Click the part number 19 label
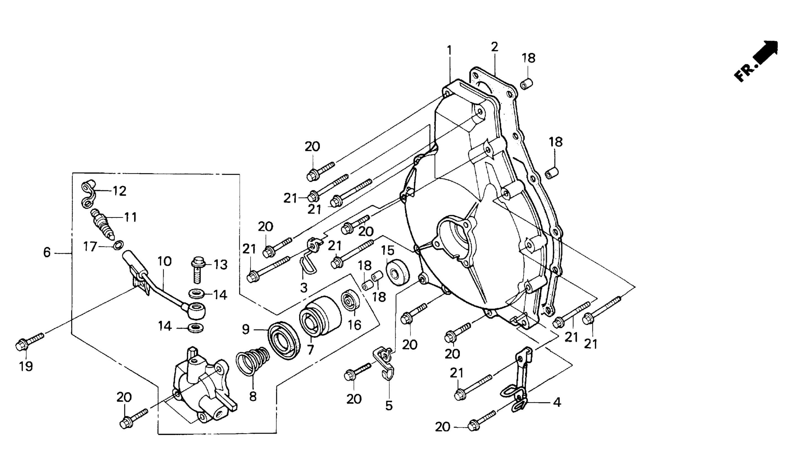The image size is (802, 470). [26, 367]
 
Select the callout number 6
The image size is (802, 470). [47, 253]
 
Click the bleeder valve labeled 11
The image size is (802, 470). [103, 223]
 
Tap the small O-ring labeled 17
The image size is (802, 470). [118, 245]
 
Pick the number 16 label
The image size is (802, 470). [354, 325]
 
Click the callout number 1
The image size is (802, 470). [449, 51]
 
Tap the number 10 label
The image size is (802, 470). [164, 262]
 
